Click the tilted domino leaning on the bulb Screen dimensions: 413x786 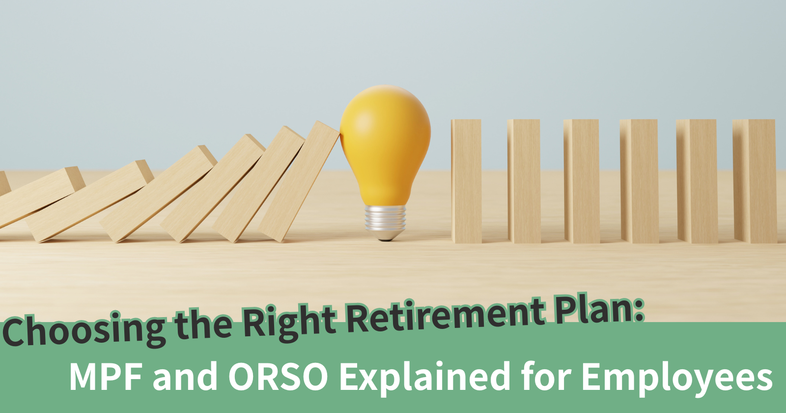pos(300,182)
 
